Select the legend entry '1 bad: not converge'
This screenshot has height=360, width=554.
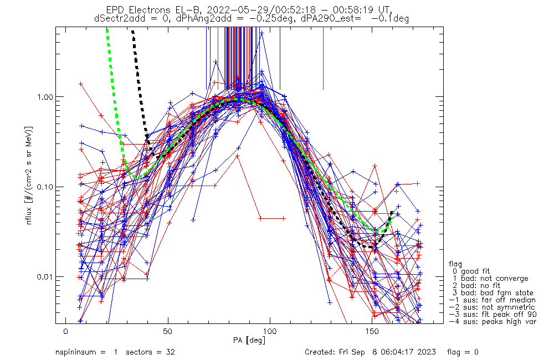490,279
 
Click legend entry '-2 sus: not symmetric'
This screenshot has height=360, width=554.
492,307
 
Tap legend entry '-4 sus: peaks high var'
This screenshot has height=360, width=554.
492,322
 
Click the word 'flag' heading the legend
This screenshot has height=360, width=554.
456,264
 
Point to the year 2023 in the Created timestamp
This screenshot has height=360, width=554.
426,352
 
